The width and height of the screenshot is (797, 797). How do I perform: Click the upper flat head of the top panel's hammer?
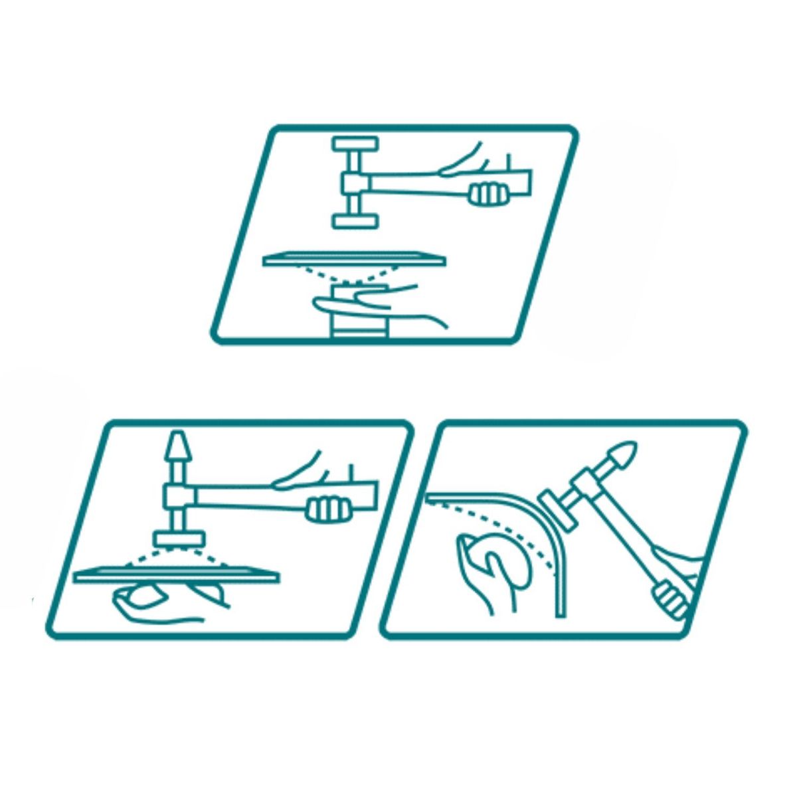(355, 144)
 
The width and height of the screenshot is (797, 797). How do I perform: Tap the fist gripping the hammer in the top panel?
(489, 194)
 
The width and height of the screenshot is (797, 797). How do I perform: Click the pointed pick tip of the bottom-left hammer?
(178, 443)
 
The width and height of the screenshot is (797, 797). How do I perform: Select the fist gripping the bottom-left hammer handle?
(327, 508)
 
